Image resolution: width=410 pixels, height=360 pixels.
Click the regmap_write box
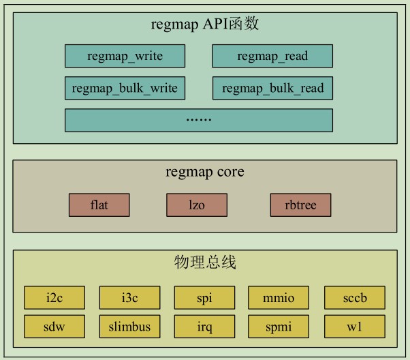pyautogui.click(x=125, y=56)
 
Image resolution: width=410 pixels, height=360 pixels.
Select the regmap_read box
pyautogui.click(x=272, y=56)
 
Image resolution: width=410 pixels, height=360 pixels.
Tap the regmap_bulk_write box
pyautogui.click(x=125, y=88)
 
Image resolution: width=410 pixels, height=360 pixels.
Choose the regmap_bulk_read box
pyautogui.click(x=272, y=88)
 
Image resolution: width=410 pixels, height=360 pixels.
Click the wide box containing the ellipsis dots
pyautogui.click(x=198, y=119)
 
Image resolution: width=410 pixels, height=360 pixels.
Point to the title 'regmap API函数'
pyautogui.click(x=204, y=25)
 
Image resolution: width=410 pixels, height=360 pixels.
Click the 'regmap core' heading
pyautogui.click(x=204, y=172)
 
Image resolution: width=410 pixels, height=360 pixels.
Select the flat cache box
pyautogui.click(x=99, y=205)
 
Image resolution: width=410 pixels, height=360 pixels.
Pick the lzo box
pyautogui.click(x=195, y=205)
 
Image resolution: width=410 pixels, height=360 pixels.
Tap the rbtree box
pyautogui.click(x=300, y=205)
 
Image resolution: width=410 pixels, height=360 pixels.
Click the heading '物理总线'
pyautogui.click(x=204, y=262)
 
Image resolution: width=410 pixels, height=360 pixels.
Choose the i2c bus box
pyautogui.click(x=54, y=297)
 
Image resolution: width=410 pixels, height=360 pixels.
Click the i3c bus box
pyautogui.click(x=129, y=297)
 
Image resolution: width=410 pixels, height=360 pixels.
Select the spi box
pyautogui.click(x=204, y=297)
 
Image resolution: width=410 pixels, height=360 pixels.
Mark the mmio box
pyautogui.click(x=279, y=297)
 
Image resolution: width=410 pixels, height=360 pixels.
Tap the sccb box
pyautogui.click(x=354, y=297)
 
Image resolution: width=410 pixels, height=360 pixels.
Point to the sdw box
pyautogui.click(x=54, y=327)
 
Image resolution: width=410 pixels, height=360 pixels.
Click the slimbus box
pyautogui.click(x=129, y=327)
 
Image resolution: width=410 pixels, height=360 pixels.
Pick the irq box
pyautogui.click(x=204, y=327)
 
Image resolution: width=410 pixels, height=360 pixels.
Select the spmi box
pyautogui.click(x=279, y=327)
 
